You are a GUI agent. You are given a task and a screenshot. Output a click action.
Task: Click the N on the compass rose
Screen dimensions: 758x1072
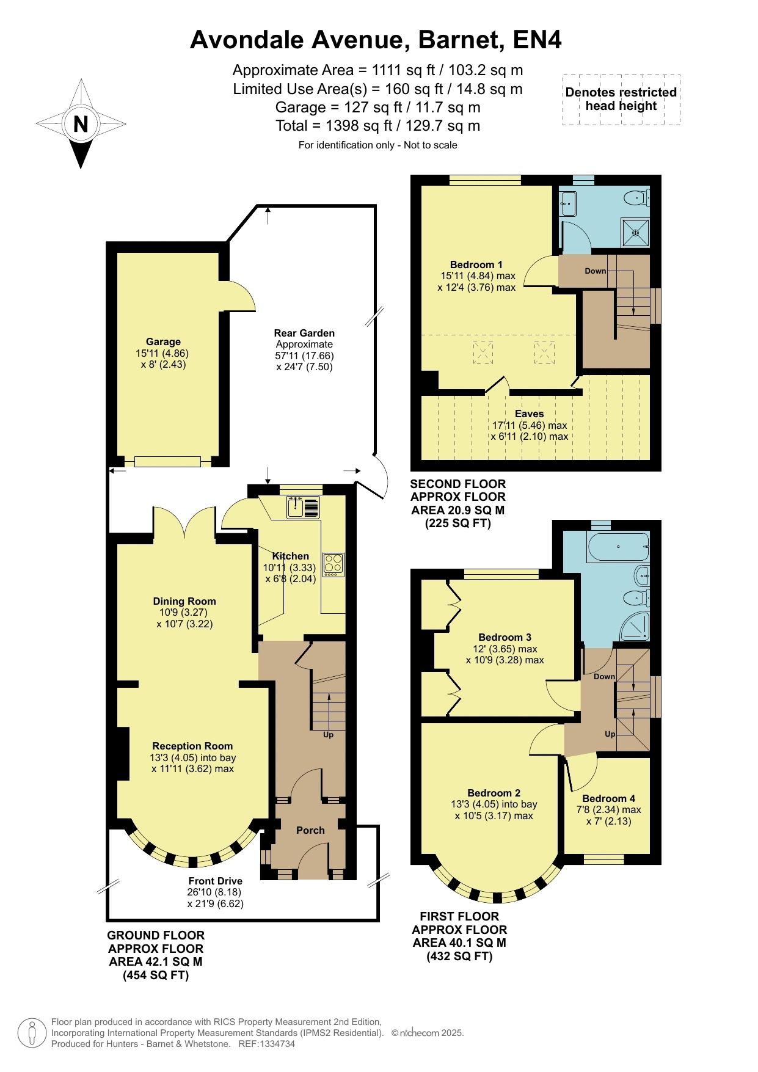[81, 124]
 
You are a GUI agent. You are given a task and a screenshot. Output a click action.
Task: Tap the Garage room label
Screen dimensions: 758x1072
[163, 342]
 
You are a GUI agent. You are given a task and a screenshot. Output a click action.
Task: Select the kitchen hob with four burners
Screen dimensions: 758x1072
[333, 565]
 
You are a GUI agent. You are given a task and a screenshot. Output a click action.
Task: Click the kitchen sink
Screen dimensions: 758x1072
[303, 507]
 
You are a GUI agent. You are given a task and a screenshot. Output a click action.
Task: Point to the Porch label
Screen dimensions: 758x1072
[310, 830]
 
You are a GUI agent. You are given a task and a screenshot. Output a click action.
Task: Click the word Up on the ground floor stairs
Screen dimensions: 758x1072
[329, 735]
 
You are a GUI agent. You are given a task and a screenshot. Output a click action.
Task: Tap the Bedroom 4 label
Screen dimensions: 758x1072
[608, 798]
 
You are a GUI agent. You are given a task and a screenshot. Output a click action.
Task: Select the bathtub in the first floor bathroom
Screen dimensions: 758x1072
[618, 546]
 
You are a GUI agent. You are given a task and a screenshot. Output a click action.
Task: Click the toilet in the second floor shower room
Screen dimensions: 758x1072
[638, 197]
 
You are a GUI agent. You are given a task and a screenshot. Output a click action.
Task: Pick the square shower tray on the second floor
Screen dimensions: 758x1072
[636, 232]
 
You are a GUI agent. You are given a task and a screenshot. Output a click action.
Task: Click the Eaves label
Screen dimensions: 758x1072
[529, 414]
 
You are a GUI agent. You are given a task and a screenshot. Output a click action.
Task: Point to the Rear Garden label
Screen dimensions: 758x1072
[304, 333]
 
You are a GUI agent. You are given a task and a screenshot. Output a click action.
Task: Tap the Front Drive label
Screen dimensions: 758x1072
[215, 881]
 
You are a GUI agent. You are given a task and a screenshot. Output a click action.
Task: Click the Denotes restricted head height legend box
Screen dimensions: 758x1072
[621, 100]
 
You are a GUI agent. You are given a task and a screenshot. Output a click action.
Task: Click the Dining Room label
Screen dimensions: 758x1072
[184, 601]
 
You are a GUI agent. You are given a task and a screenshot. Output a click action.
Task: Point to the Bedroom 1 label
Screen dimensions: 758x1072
[476, 264]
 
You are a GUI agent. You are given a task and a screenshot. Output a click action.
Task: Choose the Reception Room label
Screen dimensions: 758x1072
[192, 746]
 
